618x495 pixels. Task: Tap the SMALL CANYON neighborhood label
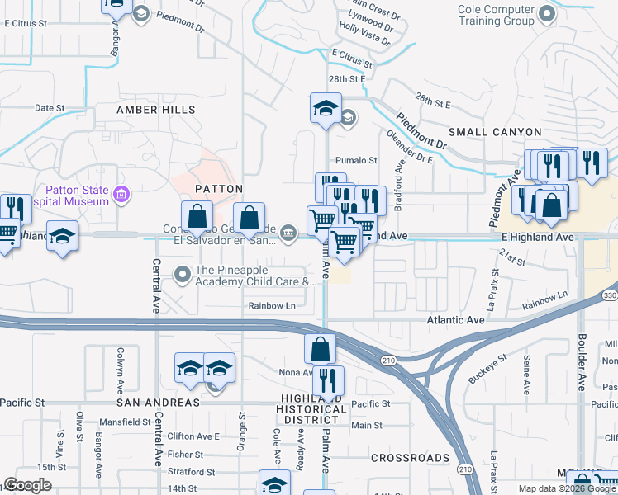coord(495,132)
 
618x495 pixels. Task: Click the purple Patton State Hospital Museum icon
coord(121,196)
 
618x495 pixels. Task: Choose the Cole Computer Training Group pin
coord(546,14)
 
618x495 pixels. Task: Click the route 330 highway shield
coord(609,295)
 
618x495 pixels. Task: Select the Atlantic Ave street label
coord(454,319)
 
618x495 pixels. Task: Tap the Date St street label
coord(50,108)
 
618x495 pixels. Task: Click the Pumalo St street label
coord(356,161)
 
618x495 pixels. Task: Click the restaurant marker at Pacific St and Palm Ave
coord(328,380)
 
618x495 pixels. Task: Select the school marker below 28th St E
coord(326,108)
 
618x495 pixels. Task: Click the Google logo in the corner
coord(26,486)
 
